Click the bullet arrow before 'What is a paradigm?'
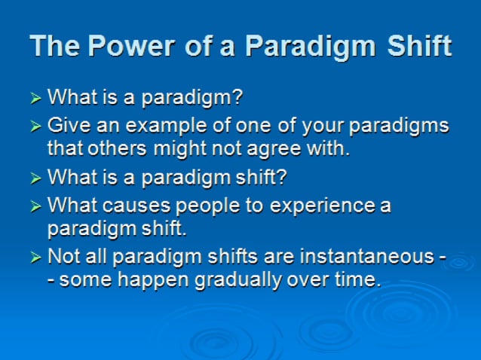(x=36, y=98)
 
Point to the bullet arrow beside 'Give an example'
(x=36, y=126)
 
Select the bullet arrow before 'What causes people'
(x=36, y=206)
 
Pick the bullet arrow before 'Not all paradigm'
(x=36, y=258)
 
